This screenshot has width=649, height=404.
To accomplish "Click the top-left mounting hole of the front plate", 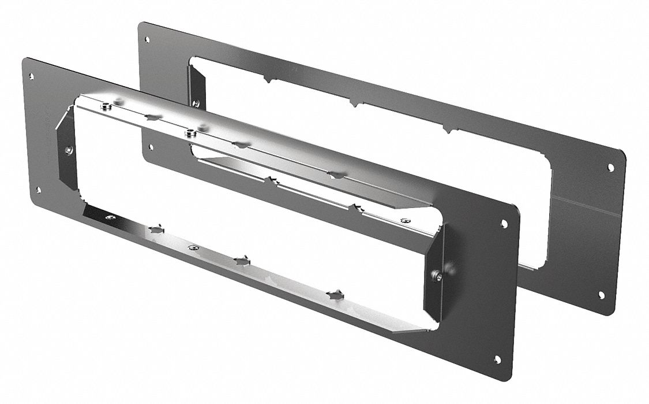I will coord(31,76).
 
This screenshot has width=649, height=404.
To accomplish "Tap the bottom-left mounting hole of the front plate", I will coord(39,189).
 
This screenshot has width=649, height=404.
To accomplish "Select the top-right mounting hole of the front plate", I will coord(504,223).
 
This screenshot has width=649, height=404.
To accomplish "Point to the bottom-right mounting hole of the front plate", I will coord(497,359).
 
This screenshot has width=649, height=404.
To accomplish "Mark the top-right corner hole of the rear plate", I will coord(611,167).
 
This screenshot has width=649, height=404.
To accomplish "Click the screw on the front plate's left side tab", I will coord(69,150).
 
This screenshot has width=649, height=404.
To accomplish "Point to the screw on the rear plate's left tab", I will coord(196,103).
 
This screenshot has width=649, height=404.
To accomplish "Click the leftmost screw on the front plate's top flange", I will coord(106,106).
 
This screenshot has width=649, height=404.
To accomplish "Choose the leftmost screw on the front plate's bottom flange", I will coord(111,218).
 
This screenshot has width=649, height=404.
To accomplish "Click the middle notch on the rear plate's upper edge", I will coord(355,105).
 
